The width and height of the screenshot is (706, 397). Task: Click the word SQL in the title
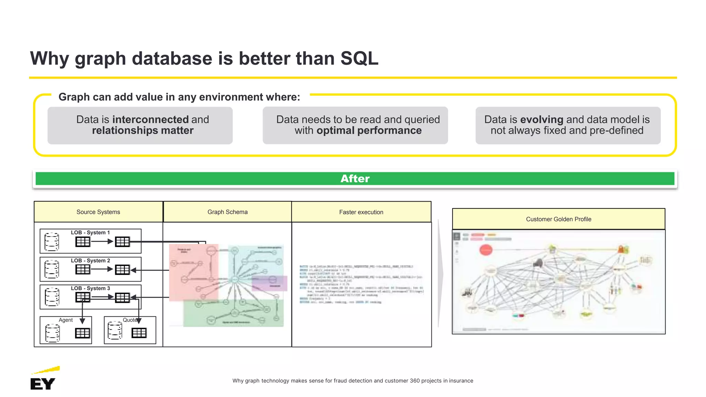pos(359,58)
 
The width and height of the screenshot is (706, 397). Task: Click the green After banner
pos(355,179)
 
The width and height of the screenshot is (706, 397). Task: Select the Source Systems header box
pos(98,212)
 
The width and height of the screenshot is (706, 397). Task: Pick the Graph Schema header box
pos(227,212)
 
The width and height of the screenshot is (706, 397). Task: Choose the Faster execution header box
pos(361,212)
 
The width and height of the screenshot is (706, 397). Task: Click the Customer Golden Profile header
pos(558,219)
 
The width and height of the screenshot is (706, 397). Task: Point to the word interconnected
pos(150,120)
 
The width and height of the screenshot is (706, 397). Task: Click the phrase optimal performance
pos(369,131)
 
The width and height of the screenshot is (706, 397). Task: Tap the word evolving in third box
pos(541,120)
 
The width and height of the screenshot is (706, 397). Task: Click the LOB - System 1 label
pos(90,233)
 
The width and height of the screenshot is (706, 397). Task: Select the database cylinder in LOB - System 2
pos(52,269)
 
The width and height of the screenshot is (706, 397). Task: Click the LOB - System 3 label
pos(90,288)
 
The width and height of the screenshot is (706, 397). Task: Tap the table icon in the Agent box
pos(82,333)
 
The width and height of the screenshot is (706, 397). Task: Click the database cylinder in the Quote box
pos(115,330)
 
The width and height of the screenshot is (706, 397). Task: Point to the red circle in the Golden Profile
pos(486,250)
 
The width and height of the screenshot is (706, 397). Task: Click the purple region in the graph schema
pos(270,283)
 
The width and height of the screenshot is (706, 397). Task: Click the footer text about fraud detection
pos(352,381)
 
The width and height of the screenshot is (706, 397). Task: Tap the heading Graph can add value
pos(179,97)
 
